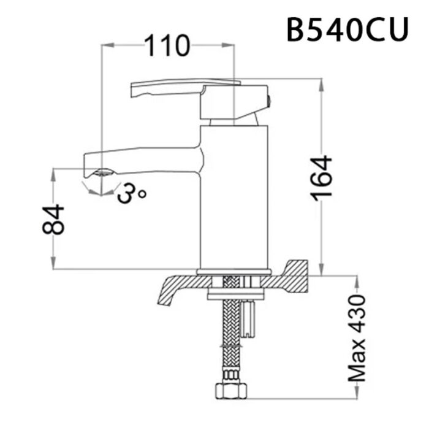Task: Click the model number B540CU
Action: (347, 29)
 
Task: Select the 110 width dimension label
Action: (167, 46)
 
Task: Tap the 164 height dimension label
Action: (321, 177)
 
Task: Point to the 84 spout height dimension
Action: (54, 220)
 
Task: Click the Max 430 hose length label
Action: (357, 337)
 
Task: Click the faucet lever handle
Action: (184, 88)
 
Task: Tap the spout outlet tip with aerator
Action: (98, 173)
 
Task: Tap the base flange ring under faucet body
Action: (233, 272)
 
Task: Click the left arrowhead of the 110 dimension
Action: (105, 45)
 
